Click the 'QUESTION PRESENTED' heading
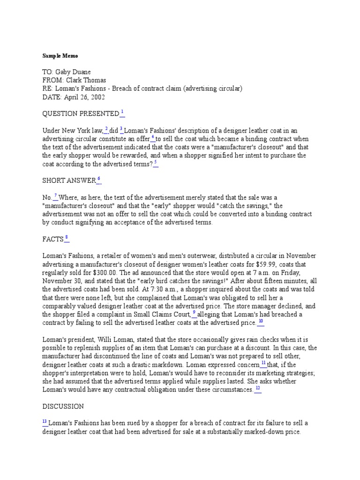coord(81,113)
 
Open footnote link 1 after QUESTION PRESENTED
coord(122,112)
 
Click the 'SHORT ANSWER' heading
coord(68,181)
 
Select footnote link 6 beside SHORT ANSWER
coord(98,180)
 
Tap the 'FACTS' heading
coord(52,239)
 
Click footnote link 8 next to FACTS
coord(67,238)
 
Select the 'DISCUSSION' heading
coord(63,406)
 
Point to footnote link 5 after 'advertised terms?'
coord(156,163)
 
